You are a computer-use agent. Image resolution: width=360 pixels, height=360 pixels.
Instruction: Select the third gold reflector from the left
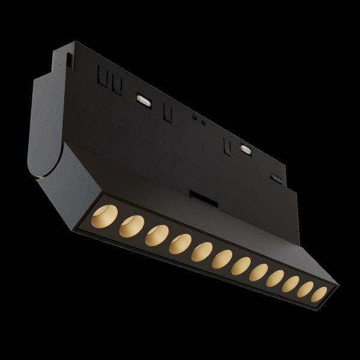click(154, 235)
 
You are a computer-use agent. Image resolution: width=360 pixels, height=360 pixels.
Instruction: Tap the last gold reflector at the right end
click(320, 294)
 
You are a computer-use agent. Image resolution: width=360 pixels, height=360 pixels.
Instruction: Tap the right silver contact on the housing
click(245, 148)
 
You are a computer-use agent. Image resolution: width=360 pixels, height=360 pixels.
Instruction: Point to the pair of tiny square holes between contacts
click(198, 119)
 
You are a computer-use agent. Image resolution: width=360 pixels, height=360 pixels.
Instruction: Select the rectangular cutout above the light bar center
click(197, 196)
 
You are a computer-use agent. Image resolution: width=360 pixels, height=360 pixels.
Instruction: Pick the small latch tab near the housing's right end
click(275, 178)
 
